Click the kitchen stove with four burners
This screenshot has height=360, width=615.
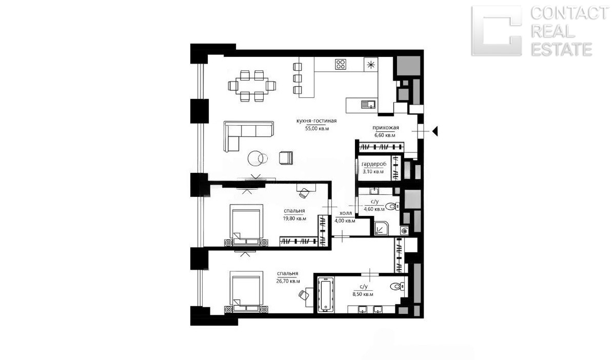point(341,64)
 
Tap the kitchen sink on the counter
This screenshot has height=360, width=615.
point(369,104)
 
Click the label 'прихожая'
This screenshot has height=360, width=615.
point(386,128)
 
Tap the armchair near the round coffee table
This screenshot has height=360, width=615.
point(286,157)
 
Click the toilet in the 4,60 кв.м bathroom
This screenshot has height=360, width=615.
point(392,206)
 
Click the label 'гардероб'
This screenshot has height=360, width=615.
point(374,164)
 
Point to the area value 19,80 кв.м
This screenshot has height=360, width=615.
point(295,218)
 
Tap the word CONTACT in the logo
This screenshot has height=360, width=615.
point(569,13)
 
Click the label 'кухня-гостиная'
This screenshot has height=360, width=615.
point(316,121)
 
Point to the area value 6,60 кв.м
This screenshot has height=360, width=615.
point(385,135)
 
